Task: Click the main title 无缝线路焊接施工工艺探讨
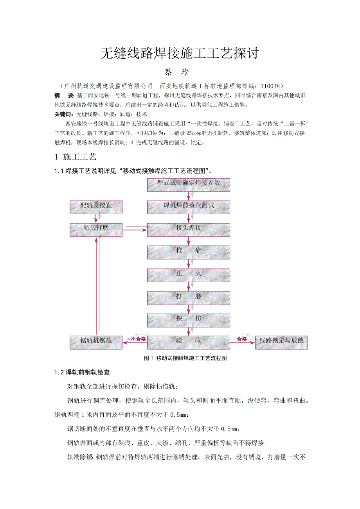point(180,54)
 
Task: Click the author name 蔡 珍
point(180,73)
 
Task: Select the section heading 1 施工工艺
point(76,157)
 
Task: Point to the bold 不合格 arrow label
point(138,339)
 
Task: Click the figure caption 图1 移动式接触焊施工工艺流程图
point(186,358)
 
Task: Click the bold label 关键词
point(63,115)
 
